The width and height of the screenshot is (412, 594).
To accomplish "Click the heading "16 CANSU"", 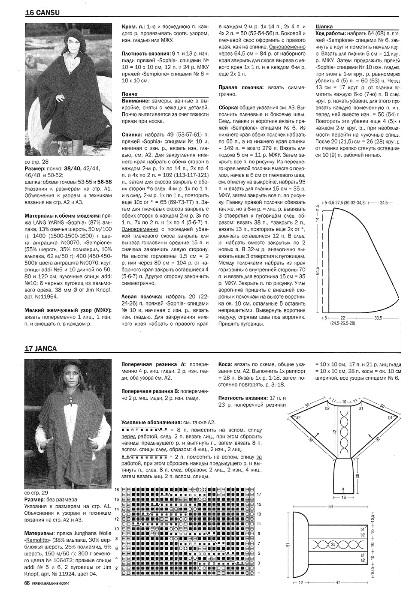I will click(42, 13).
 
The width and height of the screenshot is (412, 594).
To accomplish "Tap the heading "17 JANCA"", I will click(41, 348).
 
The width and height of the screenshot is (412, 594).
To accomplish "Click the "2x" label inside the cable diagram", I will click(333, 544).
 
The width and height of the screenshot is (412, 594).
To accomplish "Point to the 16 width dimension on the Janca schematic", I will click(344, 498).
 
